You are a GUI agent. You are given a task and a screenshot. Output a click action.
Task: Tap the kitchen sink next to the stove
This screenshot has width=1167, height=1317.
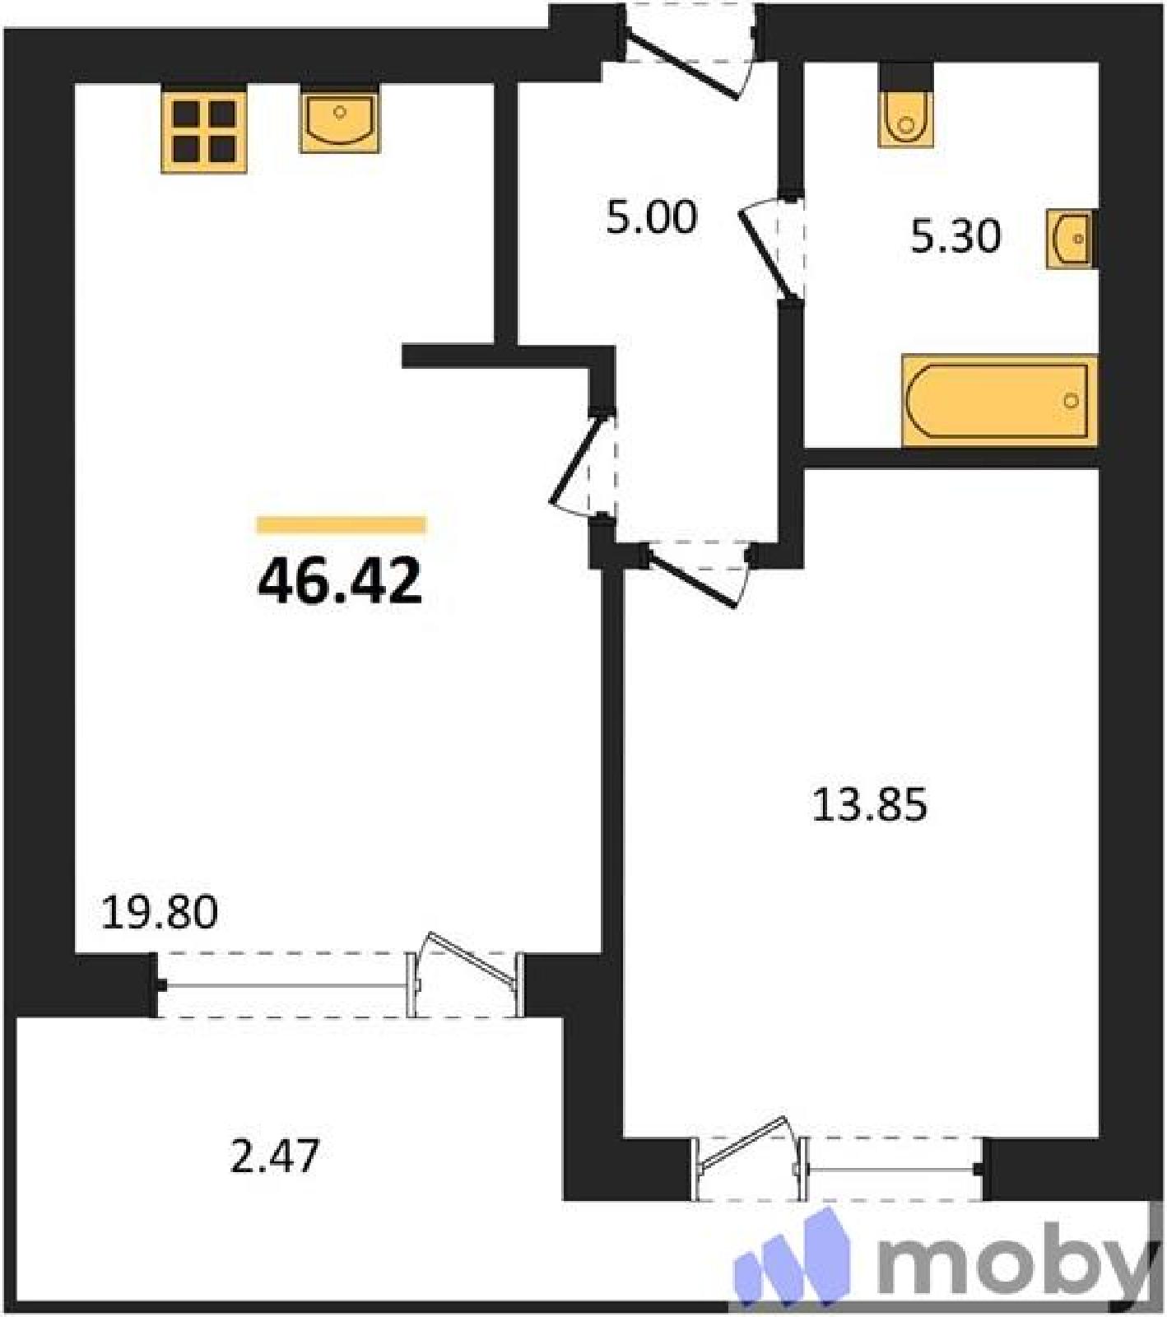pos(340,122)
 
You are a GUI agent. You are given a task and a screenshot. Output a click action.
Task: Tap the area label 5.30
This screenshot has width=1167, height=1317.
pos(955,236)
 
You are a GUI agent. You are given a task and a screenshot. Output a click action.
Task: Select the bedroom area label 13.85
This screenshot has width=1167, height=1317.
pos(870,804)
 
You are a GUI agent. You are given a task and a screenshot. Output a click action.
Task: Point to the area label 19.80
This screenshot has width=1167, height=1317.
pos(159,912)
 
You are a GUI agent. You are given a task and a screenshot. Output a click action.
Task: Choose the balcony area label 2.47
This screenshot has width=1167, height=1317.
pos(274,1156)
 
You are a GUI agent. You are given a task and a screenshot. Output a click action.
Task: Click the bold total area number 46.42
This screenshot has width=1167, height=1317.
pos(340,580)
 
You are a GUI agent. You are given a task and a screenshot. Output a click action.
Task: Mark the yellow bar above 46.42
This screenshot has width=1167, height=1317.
pos(342,525)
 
